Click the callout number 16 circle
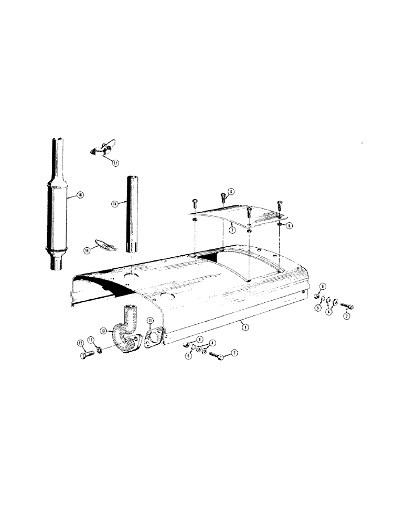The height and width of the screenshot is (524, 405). [80, 195]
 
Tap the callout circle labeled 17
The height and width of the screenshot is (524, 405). [116, 163]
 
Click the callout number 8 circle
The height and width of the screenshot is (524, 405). [231, 192]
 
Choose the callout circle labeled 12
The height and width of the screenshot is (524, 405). [80, 343]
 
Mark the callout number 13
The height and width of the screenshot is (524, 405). [91, 340]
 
